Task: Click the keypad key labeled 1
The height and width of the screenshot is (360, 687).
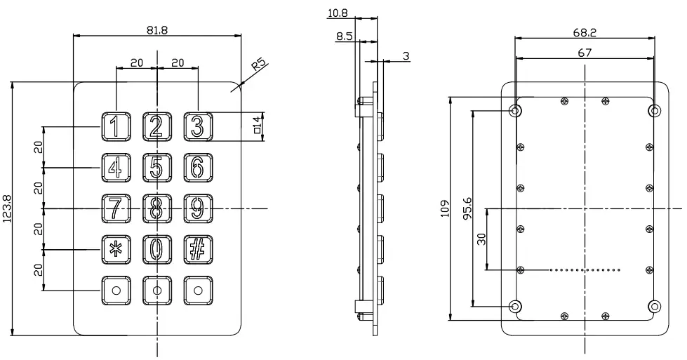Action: (116, 126)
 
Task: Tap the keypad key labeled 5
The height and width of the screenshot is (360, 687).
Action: (156, 167)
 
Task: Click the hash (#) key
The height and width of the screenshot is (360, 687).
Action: (197, 248)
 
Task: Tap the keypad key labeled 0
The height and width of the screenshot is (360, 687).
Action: (156, 248)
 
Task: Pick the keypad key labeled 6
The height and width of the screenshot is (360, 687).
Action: (197, 167)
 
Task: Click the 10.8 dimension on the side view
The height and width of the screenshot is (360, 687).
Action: (338, 13)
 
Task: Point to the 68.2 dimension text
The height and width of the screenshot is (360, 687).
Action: (584, 32)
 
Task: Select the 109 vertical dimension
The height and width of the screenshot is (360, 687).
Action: (443, 208)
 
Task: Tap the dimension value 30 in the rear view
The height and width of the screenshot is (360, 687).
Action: (481, 239)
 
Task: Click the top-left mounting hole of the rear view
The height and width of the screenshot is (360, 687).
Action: (516, 110)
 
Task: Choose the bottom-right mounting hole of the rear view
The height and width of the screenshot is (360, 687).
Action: (654, 306)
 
